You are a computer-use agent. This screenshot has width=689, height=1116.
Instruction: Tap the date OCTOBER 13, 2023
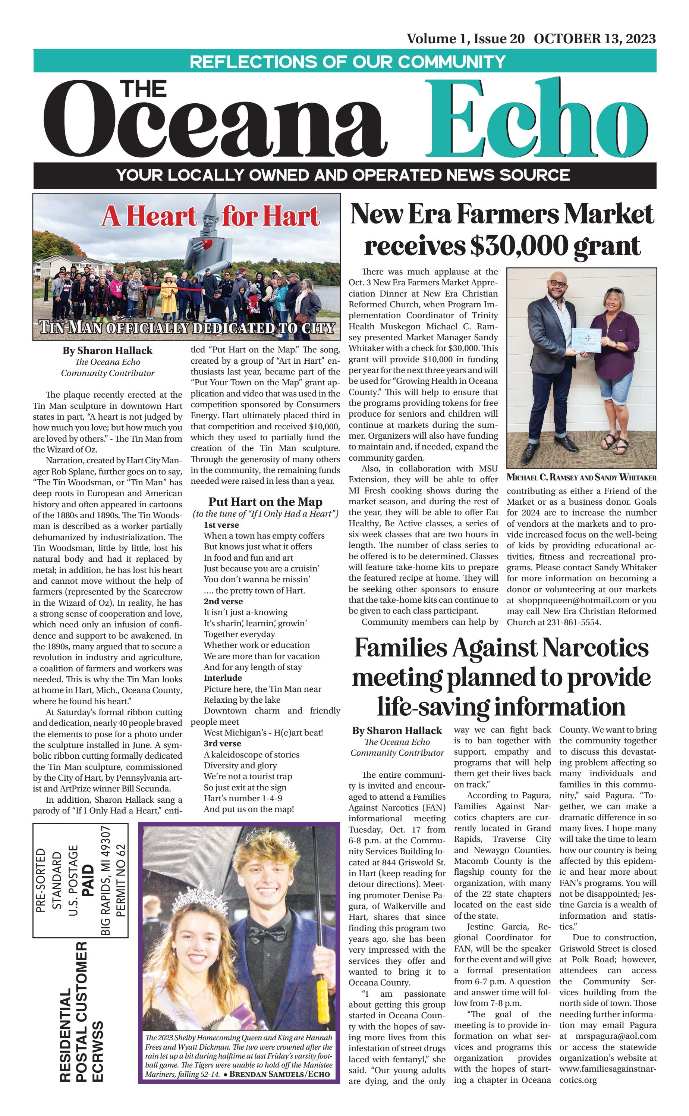point(595,39)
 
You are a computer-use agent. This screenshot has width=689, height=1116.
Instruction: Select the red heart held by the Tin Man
point(207,245)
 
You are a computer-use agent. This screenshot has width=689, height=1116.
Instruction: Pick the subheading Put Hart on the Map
point(265,502)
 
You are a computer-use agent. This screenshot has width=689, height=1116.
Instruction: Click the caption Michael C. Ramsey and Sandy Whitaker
point(582,478)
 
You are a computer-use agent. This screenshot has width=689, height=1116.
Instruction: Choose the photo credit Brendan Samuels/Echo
point(279,1074)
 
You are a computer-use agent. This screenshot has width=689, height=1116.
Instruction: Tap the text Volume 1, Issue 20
point(465,39)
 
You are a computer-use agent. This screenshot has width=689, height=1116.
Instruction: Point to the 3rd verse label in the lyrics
point(222,743)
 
